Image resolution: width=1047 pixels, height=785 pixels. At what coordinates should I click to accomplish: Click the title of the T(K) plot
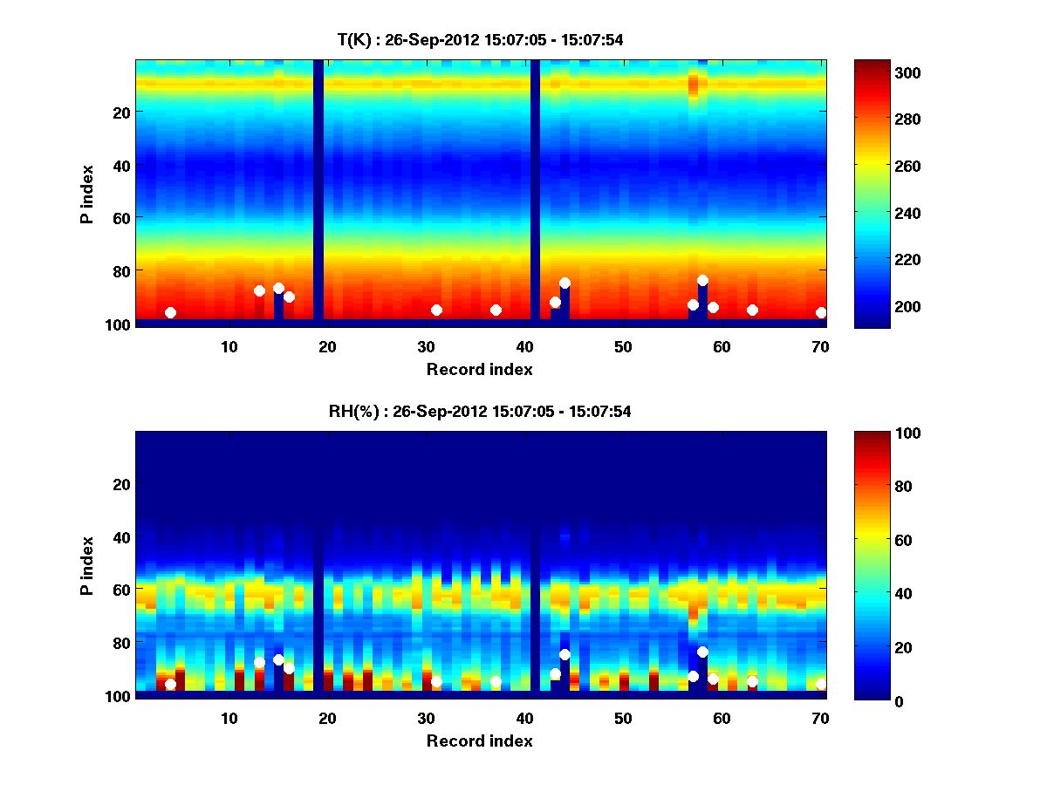coord(480,39)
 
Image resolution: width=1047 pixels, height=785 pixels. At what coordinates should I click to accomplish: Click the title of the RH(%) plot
coord(480,412)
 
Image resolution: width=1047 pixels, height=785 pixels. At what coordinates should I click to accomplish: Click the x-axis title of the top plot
coord(480,369)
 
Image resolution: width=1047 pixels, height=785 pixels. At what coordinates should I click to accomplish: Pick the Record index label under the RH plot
coord(480,741)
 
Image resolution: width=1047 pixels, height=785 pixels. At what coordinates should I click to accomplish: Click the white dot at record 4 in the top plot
coord(170,312)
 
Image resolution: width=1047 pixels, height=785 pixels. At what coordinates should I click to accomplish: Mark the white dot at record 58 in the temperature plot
coord(702,280)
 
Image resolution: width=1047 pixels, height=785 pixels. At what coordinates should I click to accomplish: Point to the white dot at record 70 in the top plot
coord(821,312)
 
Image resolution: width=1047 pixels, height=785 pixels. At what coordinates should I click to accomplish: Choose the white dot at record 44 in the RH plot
coord(565,654)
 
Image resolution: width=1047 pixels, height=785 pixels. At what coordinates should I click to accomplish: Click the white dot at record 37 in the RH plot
coord(496,681)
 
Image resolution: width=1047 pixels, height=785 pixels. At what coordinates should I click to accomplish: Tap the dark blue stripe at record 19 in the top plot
coord(318,174)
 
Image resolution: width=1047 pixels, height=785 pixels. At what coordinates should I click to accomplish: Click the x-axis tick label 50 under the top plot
coord(623,347)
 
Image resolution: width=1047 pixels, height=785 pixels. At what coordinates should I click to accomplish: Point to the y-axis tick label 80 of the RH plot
coord(120,643)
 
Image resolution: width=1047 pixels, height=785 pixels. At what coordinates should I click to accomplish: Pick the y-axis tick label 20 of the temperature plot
coord(120,113)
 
